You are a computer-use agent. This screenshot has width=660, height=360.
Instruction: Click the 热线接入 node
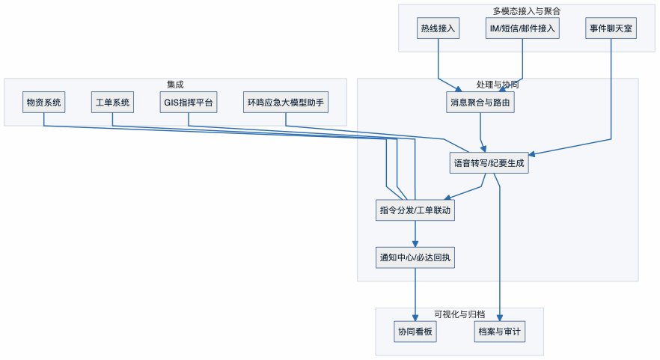tap(439, 28)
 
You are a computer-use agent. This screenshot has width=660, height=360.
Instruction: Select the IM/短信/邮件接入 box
tap(522, 28)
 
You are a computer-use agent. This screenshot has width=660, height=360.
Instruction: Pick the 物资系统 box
tap(44, 103)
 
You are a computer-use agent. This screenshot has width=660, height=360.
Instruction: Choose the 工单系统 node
tap(112, 103)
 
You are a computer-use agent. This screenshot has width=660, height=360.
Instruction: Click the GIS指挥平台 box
tap(189, 103)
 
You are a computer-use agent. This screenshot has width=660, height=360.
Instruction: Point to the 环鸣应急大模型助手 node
tap(286, 103)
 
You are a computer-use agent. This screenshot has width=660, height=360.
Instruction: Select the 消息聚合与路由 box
tap(480, 103)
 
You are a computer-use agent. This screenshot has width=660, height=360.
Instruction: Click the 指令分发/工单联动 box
tap(415, 210)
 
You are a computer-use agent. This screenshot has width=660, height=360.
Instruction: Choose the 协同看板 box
tap(415, 332)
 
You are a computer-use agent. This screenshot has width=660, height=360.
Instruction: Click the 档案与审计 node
tap(499, 332)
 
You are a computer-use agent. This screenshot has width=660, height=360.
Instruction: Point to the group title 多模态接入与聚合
tap(527, 11)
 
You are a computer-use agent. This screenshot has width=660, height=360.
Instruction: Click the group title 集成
tap(175, 85)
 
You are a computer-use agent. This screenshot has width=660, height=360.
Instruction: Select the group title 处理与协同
tap(497, 85)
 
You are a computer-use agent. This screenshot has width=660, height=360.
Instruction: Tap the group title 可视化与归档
tap(459, 314)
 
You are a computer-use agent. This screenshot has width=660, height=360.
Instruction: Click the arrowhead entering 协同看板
tap(415, 317)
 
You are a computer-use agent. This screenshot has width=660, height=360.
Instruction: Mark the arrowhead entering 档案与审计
tap(499, 317)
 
